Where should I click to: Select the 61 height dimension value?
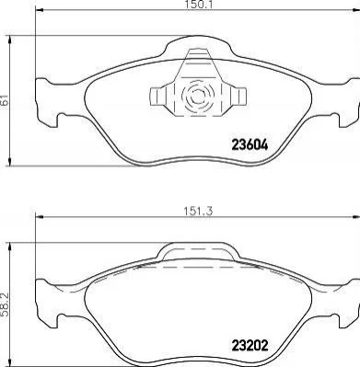click(5, 100)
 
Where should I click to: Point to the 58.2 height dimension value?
click(5, 304)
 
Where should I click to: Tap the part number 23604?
click(250, 145)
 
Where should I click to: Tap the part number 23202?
click(250, 346)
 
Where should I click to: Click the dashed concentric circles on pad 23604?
click(197, 97)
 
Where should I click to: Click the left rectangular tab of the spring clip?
click(156, 97)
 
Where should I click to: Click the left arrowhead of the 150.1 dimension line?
click(40, 10)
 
